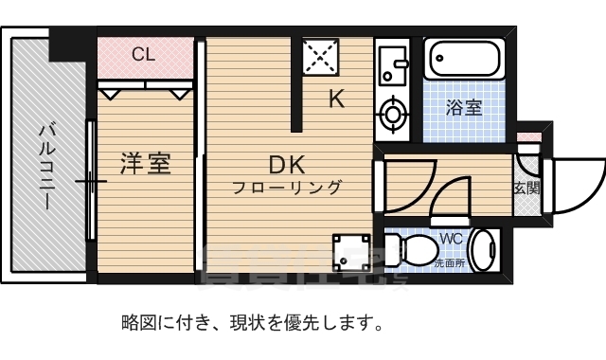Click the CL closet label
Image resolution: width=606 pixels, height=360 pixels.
pyautogui.click(x=143, y=54)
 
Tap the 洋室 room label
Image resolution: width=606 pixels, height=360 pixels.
pyautogui.click(x=145, y=163)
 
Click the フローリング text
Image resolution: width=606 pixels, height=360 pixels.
pyautogui.click(x=288, y=188)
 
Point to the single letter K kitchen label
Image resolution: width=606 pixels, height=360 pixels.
pyautogui.click(x=336, y=98)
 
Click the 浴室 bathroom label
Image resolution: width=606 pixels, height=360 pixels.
pyautogui.click(x=464, y=107)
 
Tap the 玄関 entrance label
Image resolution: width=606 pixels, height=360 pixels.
pyautogui.click(x=526, y=188)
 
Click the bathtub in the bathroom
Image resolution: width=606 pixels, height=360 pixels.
pyautogui.click(x=464, y=62)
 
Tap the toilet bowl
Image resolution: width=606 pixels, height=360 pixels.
pyautogui.click(x=412, y=251)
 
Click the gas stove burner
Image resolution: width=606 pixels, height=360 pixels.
pyautogui.click(x=390, y=117)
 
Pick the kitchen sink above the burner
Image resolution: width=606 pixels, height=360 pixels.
pyautogui.click(x=389, y=64)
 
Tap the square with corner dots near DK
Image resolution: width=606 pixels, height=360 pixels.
pyautogui.click(x=349, y=251)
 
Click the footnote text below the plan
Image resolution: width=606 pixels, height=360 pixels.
pyautogui.click(x=252, y=323)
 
